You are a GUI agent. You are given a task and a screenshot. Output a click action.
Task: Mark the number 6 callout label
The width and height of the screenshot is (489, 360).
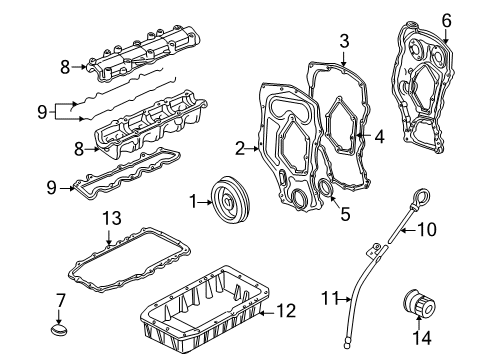point(446,19)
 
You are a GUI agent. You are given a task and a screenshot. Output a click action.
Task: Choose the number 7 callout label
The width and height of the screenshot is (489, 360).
point(61,299)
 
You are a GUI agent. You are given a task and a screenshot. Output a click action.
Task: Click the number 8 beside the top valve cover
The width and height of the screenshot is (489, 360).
point(64,68)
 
